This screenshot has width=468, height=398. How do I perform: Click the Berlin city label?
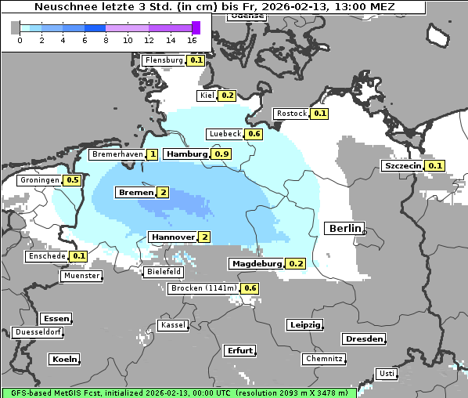pos(344,229)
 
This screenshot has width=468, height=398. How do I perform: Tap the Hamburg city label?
pos(186,154)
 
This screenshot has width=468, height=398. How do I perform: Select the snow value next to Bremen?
pos(163,193)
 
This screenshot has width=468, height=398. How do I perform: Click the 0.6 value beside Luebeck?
pos(254,134)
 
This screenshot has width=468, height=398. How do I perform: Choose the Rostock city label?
pos(292,114)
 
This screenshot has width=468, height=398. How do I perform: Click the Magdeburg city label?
pos(256,264)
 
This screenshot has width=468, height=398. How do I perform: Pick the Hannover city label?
pos(172,237)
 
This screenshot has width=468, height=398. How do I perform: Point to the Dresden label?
pos(363,339)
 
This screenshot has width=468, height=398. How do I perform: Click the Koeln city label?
pos(64,360)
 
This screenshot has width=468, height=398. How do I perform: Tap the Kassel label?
pos(172,325)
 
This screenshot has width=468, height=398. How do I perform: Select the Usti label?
pos(386,374)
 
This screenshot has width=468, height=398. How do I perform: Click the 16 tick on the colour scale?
pos(192,39)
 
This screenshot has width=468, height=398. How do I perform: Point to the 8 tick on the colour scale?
pos(106,39)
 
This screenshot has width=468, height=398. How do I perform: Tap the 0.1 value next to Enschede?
pos(79,256)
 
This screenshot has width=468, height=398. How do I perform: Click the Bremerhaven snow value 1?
pos(152,155)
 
